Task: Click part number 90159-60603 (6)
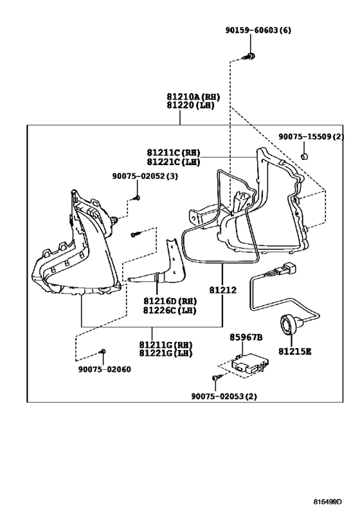click(x=258, y=30)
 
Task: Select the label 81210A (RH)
click(x=193, y=97)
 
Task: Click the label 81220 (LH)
click(x=190, y=105)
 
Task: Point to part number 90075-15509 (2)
click(x=311, y=137)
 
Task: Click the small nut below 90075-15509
click(x=304, y=156)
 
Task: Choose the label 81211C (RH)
click(x=174, y=153)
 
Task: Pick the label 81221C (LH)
click(x=174, y=162)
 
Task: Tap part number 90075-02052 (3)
click(x=145, y=176)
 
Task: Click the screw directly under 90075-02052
click(x=136, y=198)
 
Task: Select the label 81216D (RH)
click(x=170, y=301)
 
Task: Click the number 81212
click(x=222, y=290)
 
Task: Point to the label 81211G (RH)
click(x=166, y=344)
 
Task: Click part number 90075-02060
click(x=105, y=369)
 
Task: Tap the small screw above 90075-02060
click(x=102, y=351)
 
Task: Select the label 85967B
click(x=246, y=337)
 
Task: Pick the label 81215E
click(x=294, y=351)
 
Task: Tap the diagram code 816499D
click(x=327, y=502)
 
